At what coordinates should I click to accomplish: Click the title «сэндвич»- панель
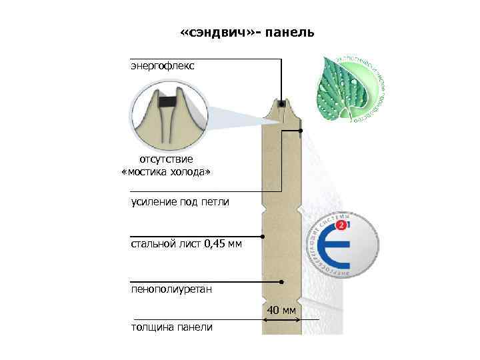tap(247, 33)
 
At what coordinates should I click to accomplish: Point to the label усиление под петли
tap(180, 201)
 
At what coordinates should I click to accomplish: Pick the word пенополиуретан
tap(171, 289)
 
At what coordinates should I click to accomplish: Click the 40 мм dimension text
tap(281, 311)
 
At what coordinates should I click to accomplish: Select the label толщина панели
tap(172, 327)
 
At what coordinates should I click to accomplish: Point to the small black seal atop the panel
tap(283, 104)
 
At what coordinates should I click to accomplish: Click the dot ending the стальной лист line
tap(263, 237)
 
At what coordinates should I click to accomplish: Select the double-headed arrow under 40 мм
tap(281, 321)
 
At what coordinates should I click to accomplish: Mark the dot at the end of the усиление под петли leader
tap(301, 131)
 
